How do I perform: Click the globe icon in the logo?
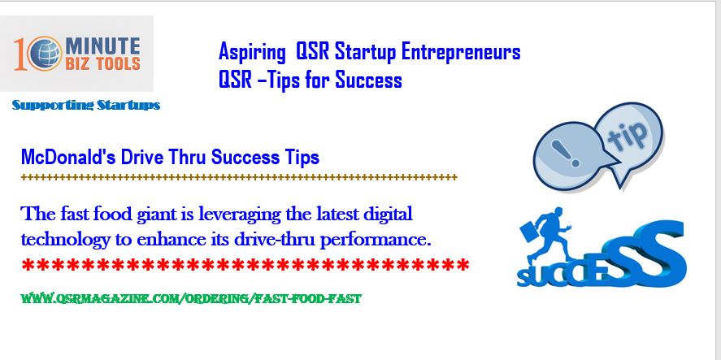[x=45, y=54]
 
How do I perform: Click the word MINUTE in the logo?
[x=102, y=46]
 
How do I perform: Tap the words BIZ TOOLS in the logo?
[x=102, y=63]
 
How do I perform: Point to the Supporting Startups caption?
[x=86, y=106]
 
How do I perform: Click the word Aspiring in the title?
[x=252, y=51]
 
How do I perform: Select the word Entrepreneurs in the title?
[x=461, y=51]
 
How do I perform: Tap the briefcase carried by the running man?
[x=529, y=232]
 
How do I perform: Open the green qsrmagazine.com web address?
[x=191, y=299]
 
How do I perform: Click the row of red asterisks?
[x=245, y=265]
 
